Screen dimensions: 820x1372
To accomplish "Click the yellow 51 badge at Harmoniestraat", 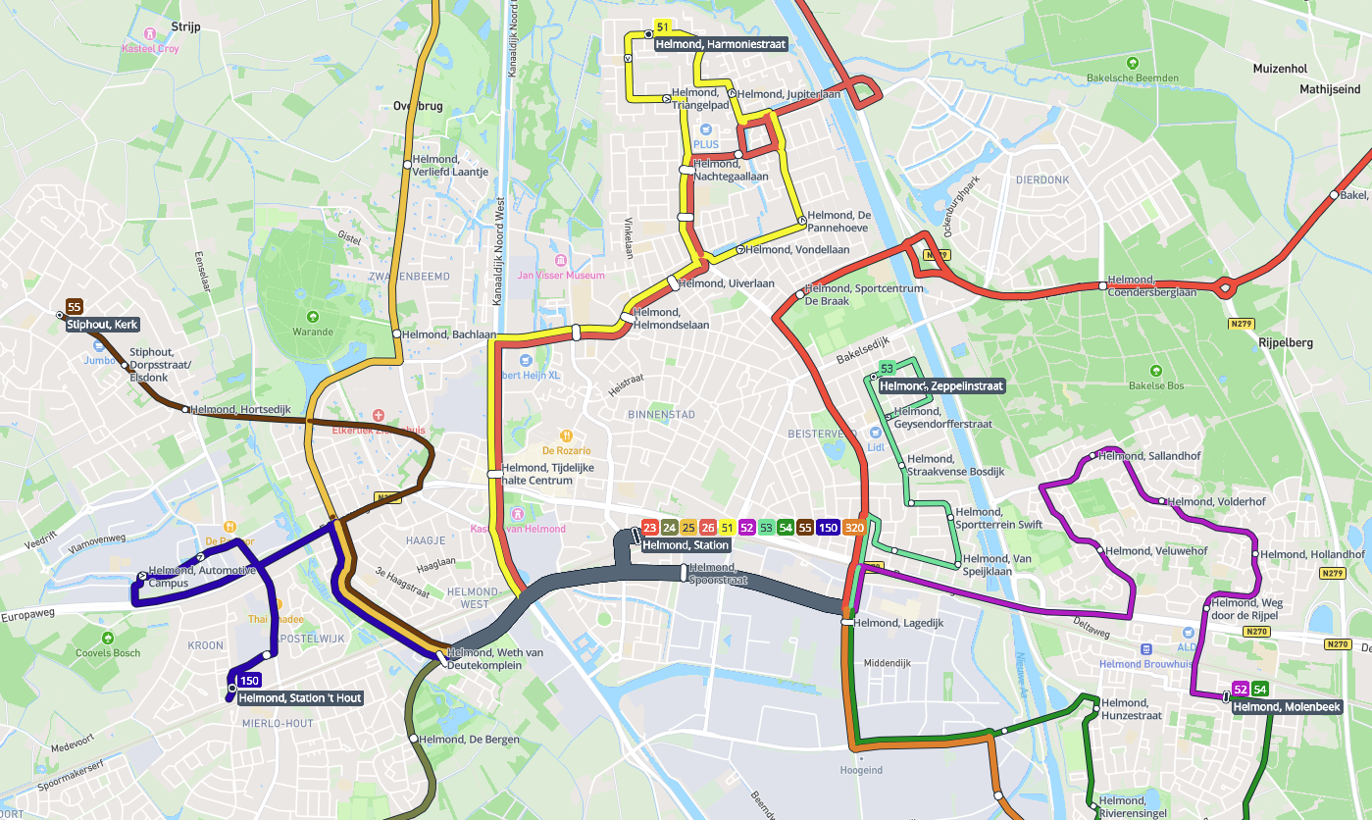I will coord(662,27).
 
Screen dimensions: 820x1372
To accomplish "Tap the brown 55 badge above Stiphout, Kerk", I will coord(74,307).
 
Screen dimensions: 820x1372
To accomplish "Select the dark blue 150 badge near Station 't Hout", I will coord(249,681).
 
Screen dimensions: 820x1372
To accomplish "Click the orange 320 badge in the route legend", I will coord(854,529).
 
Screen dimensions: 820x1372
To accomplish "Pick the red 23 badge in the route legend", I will coord(649,529).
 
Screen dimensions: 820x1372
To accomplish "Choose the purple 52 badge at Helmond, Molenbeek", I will coord(1240,690).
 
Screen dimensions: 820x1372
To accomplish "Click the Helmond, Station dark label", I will coord(686,545).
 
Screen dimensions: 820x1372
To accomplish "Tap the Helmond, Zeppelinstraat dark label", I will coord(940,386).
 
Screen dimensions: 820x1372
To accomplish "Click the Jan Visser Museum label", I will coord(561,276).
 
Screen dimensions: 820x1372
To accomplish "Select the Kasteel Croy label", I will coord(150,49).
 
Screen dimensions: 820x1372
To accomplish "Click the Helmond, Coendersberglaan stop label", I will coord(1151,285).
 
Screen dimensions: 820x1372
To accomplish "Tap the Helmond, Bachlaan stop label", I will coord(449,334).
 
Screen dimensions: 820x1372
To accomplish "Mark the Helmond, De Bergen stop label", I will coord(467,740).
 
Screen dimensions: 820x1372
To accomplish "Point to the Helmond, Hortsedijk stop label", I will coord(241,410).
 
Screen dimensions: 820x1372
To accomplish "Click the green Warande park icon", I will coord(313,316).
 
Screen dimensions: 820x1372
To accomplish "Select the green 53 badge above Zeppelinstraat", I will coord(887,369).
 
